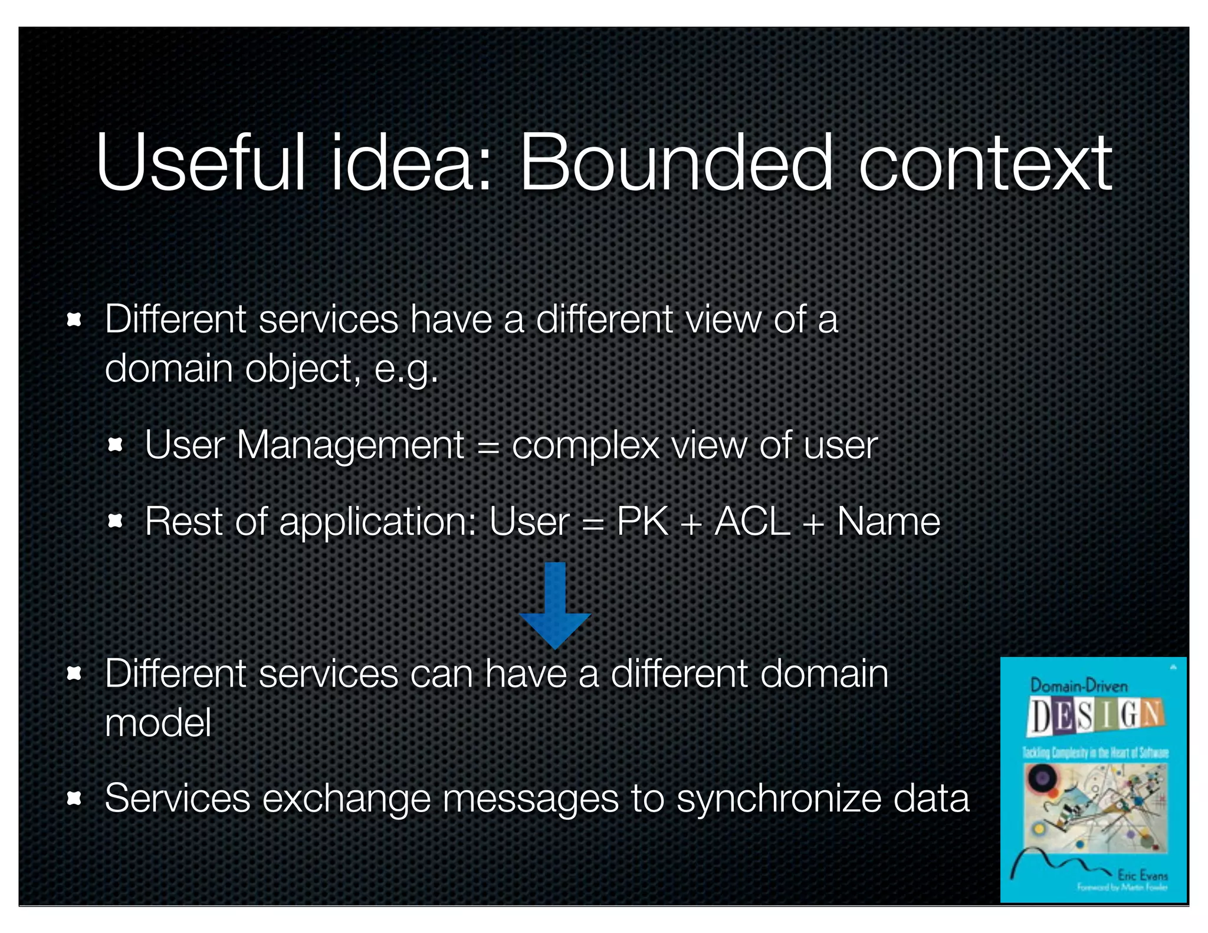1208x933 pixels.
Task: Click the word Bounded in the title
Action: click(x=675, y=163)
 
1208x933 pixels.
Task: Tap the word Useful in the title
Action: click(x=201, y=163)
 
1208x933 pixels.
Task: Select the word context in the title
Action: click(x=985, y=163)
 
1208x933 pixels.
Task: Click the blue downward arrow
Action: click(x=555, y=605)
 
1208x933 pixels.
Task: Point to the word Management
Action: click(x=350, y=445)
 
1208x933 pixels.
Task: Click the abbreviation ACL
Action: click(x=752, y=521)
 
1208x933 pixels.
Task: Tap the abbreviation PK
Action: click(x=642, y=521)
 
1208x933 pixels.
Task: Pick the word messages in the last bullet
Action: click(x=531, y=799)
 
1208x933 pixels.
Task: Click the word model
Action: click(x=158, y=723)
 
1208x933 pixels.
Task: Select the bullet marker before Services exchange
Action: click(x=74, y=799)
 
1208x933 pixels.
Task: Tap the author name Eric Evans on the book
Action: click(x=1142, y=874)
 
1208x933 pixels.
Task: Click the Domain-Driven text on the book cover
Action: click(x=1079, y=685)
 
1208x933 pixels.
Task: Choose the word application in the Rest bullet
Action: click(x=377, y=523)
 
